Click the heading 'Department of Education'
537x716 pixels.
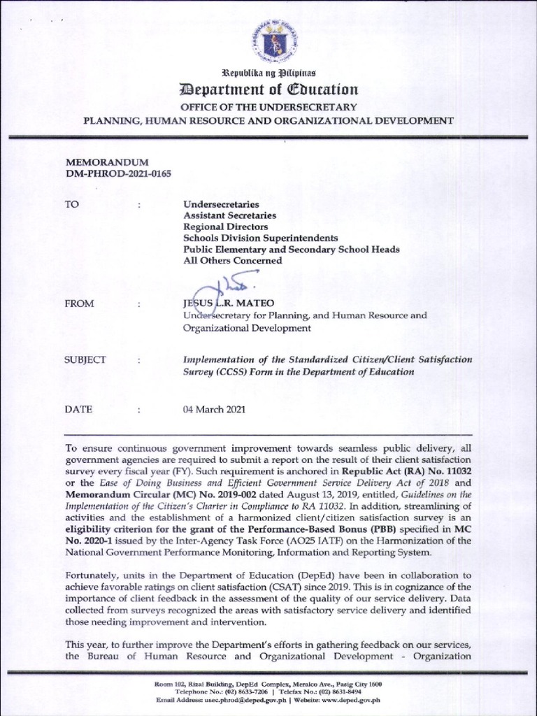269,89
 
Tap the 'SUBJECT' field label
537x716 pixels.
85,360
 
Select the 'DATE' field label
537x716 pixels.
78,410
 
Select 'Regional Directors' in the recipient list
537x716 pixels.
226,227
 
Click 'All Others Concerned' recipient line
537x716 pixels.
233,260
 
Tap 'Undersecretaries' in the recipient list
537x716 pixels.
222,204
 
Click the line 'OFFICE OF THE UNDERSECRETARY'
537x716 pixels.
269,107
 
